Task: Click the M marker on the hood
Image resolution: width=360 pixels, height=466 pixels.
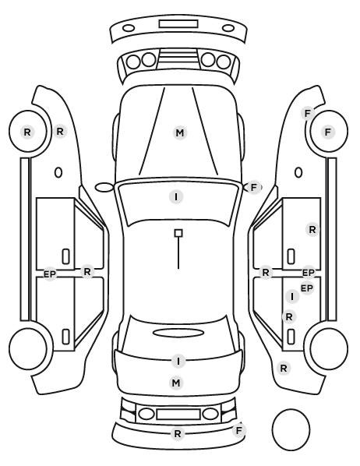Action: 180,132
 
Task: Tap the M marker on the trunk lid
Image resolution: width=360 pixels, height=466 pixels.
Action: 176,383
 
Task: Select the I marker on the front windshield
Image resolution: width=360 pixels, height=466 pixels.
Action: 176,196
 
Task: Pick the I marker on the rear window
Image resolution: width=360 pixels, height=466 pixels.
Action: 178,361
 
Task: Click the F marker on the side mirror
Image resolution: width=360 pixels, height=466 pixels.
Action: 253,188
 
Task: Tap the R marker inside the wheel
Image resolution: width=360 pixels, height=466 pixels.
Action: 27,132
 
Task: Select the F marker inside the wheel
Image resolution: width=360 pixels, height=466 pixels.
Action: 328,132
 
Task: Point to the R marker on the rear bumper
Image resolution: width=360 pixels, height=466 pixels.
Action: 178,434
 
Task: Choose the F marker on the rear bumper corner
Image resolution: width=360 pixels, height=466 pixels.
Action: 238,430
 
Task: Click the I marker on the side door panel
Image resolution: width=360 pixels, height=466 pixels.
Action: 292,296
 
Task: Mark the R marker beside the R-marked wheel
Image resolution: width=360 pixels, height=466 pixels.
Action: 60,131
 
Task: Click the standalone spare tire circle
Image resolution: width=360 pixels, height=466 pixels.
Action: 291,429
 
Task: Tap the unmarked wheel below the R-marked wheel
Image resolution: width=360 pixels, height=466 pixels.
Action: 27,348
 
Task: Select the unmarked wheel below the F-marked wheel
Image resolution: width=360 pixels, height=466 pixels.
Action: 329,348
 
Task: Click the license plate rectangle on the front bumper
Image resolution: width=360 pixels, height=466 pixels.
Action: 178,24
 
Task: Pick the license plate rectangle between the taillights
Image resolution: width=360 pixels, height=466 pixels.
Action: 178,415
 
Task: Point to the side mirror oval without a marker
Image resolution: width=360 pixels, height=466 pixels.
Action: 104,188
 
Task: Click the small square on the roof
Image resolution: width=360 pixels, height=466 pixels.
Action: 178,233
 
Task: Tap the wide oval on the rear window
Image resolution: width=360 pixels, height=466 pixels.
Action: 178,333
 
